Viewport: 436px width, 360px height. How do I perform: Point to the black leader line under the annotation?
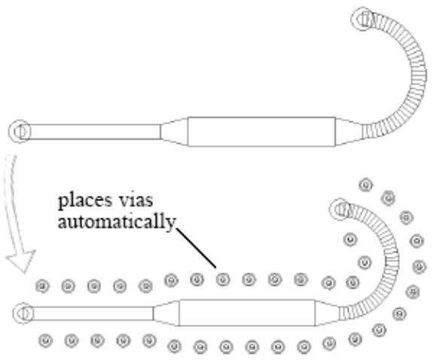coord(196,248)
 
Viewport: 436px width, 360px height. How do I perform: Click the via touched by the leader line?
coord(223,279)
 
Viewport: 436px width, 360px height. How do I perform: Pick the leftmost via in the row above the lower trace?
coord(42,286)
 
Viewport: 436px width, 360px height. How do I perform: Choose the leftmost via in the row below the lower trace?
coord(46,340)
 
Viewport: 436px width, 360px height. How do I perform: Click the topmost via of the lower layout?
coord(366,185)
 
